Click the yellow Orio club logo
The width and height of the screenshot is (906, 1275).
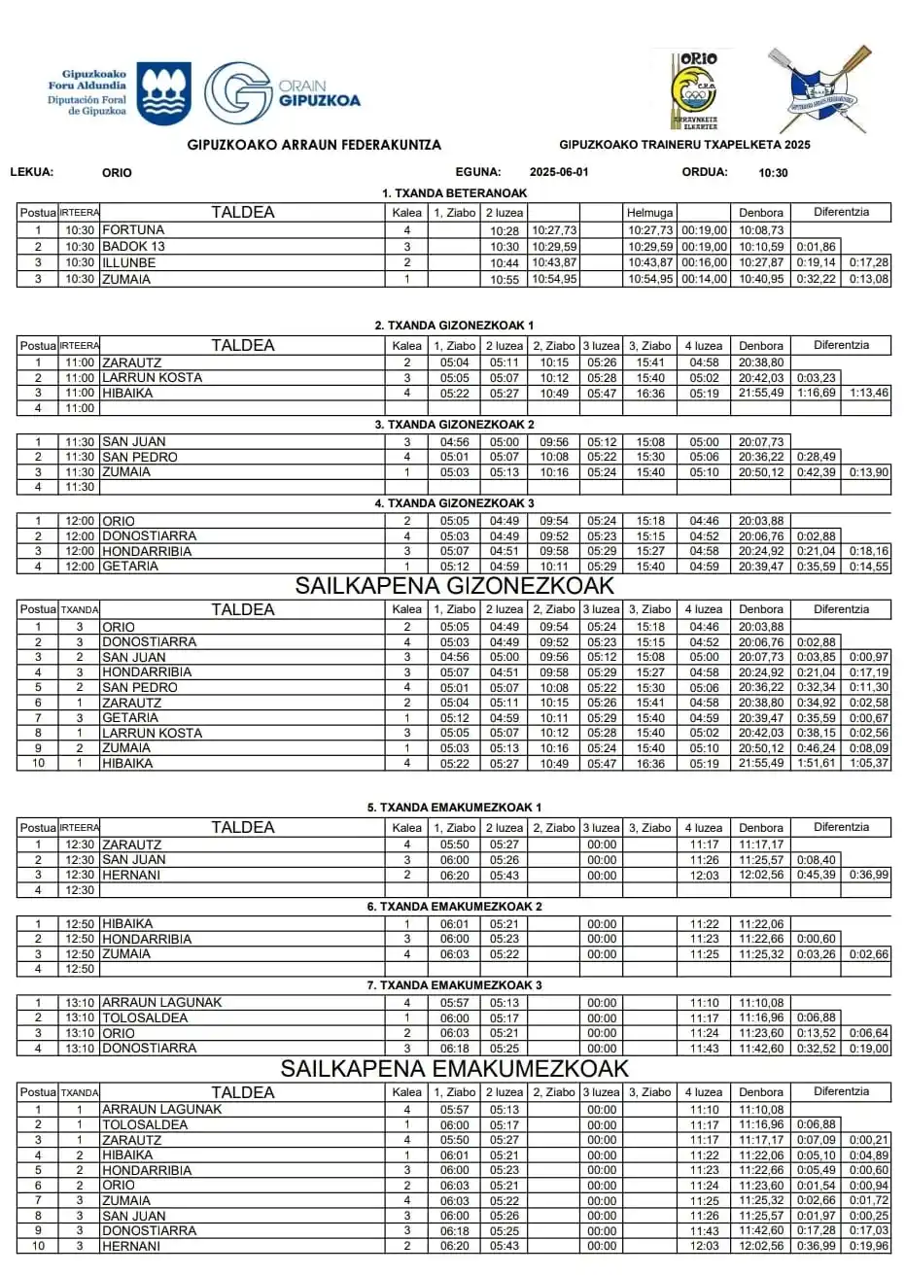[x=696, y=91]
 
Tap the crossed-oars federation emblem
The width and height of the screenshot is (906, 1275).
[x=813, y=91]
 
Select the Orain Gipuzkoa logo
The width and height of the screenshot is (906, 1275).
[x=281, y=93]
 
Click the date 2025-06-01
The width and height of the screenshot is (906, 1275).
[x=559, y=172]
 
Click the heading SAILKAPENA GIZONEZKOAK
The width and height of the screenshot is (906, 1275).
[x=455, y=586]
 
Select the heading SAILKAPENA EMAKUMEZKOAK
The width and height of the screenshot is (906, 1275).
[x=455, y=1069]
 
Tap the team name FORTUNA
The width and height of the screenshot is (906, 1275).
[x=133, y=230]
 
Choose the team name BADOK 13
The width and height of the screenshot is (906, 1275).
[x=133, y=246]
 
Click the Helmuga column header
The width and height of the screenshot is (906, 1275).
[x=649, y=213]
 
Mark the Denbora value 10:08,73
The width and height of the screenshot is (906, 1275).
[x=760, y=230]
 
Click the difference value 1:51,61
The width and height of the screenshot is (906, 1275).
[x=816, y=764]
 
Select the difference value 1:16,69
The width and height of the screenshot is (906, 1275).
[x=816, y=393]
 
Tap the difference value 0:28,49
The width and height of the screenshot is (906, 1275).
[x=816, y=457]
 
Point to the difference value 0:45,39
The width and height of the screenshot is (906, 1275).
[x=816, y=875]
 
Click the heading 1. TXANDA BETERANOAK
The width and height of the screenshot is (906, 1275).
[x=454, y=193]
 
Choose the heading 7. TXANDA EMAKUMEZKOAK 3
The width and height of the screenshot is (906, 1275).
[x=454, y=985]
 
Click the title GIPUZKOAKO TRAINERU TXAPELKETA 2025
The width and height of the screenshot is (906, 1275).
[x=684, y=145]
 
